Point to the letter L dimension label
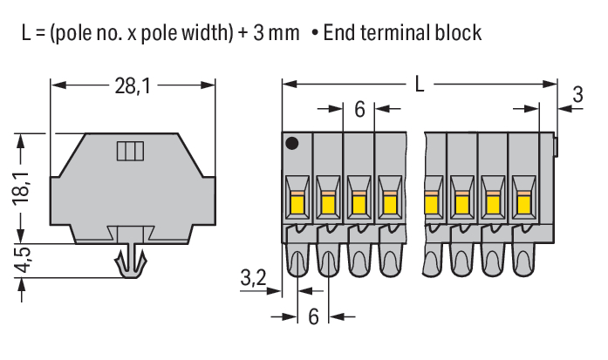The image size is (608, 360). (420, 85)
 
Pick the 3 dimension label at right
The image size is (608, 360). (577, 96)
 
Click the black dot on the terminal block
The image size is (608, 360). (292, 143)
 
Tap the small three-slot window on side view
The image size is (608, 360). (128, 152)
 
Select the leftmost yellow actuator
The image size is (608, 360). (297, 205)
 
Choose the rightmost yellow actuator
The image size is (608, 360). (523, 205)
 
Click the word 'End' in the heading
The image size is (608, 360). (340, 33)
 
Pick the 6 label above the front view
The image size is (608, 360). (360, 111)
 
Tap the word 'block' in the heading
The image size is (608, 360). (460, 33)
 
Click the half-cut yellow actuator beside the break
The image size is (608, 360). (429, 205)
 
